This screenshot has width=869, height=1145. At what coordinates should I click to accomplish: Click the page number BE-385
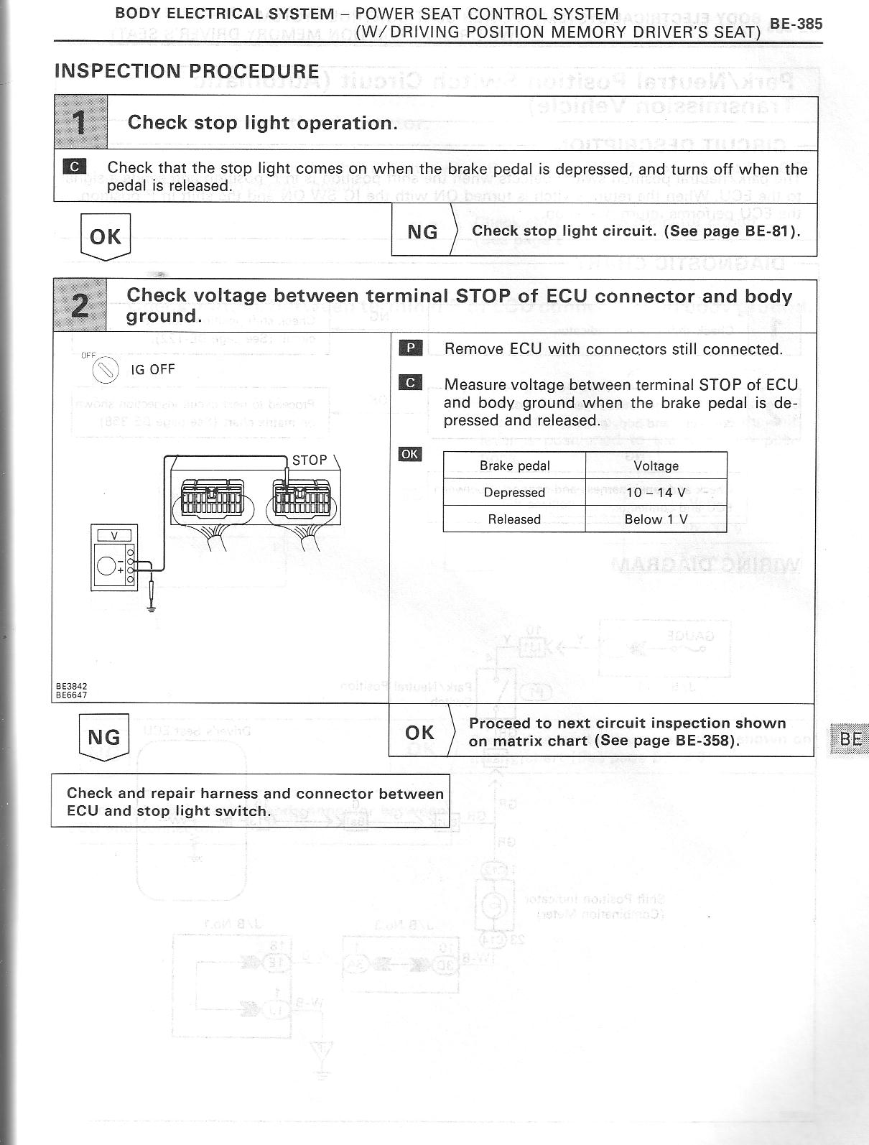point(795,24)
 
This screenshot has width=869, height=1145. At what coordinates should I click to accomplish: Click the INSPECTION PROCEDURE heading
point(187,71)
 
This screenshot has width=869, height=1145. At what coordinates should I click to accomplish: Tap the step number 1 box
point(80,123)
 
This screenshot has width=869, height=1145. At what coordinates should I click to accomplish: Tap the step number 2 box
point(80,306)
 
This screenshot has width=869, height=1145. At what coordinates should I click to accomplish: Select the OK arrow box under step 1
point(106,236)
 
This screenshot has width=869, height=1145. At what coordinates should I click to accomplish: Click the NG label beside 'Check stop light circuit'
point(422,231)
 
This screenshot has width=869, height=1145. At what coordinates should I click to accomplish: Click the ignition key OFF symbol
point(106,371)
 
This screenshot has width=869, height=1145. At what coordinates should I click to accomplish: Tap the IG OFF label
point(153,370)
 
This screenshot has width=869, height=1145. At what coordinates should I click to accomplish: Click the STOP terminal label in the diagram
point(310,460)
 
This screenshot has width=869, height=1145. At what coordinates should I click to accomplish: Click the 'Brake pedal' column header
point(514,465)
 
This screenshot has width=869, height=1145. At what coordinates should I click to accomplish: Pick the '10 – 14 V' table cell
point(656,493)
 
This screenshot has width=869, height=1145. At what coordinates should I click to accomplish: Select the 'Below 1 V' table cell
point(656,519)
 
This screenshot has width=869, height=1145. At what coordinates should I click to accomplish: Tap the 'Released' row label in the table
point(514,519)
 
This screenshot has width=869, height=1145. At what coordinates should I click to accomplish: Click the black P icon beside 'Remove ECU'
point(411,348)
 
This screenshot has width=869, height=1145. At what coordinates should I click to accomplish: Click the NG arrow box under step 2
point(103,737)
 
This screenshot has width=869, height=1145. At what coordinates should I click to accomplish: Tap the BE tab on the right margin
point(850,739)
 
